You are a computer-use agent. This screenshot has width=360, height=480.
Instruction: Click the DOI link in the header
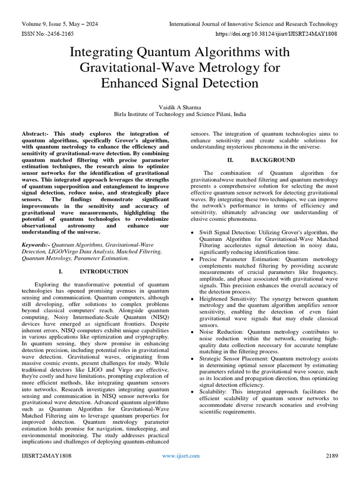276,34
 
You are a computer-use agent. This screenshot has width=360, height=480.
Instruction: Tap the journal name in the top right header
253,24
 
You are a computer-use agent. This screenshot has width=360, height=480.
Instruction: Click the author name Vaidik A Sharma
180,107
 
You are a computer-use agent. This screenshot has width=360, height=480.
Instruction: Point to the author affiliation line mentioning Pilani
180,114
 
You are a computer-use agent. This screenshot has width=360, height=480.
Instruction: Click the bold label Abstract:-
36,134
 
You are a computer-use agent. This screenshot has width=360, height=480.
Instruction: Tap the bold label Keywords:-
36,245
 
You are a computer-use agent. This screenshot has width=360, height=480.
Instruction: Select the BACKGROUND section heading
273,160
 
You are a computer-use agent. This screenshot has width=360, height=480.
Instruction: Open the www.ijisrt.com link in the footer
180,456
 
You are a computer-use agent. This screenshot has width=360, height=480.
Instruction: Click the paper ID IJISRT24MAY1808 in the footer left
46,456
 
